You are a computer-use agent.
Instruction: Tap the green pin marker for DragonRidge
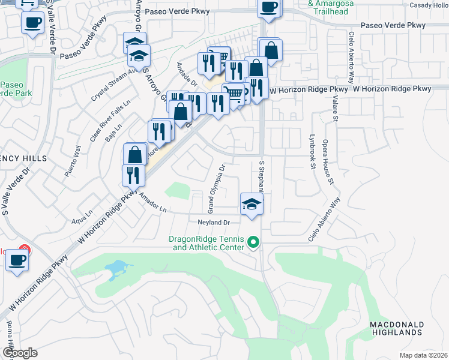pos(253,242)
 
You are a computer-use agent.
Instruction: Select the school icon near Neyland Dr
pos(252,204)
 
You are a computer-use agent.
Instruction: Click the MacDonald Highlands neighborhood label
pos(397,328)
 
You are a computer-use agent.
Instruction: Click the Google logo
pos(19,352)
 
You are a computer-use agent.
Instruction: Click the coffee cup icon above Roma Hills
pos(17,261)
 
